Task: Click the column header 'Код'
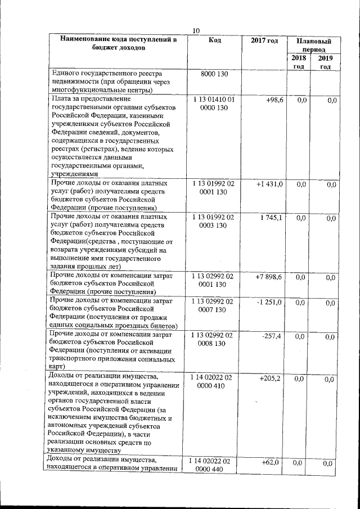(x=214, y=40)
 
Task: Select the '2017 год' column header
(x=264, y=40)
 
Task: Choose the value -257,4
(x=272, y=336)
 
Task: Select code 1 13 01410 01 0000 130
(x=214, y=103)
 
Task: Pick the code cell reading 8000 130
(x=214, y=74)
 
